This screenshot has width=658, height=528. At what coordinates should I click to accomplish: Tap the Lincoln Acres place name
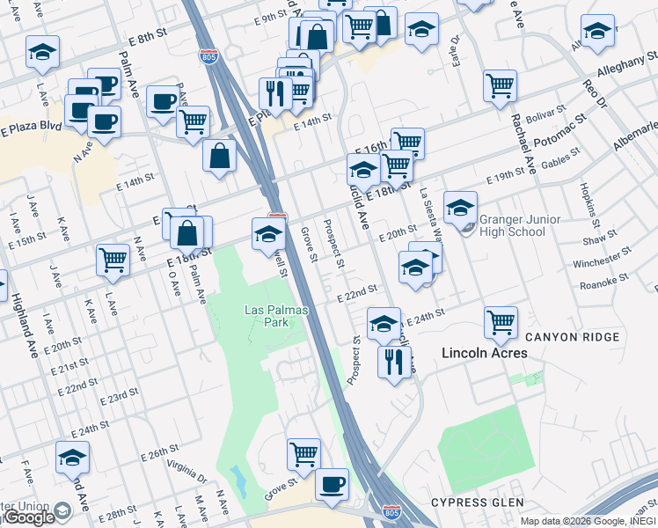[x=484, y=353]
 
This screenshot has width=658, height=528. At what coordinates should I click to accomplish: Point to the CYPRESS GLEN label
[x=472, y=502]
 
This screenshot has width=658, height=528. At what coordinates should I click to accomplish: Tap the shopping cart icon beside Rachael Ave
[x=500, y=86]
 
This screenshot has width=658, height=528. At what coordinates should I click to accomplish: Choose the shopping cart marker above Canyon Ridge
[x=501, y=322]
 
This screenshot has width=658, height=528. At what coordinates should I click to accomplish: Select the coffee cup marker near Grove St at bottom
[x=332, y=484]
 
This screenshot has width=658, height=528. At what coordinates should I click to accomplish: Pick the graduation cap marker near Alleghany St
[x=598, y=33]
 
